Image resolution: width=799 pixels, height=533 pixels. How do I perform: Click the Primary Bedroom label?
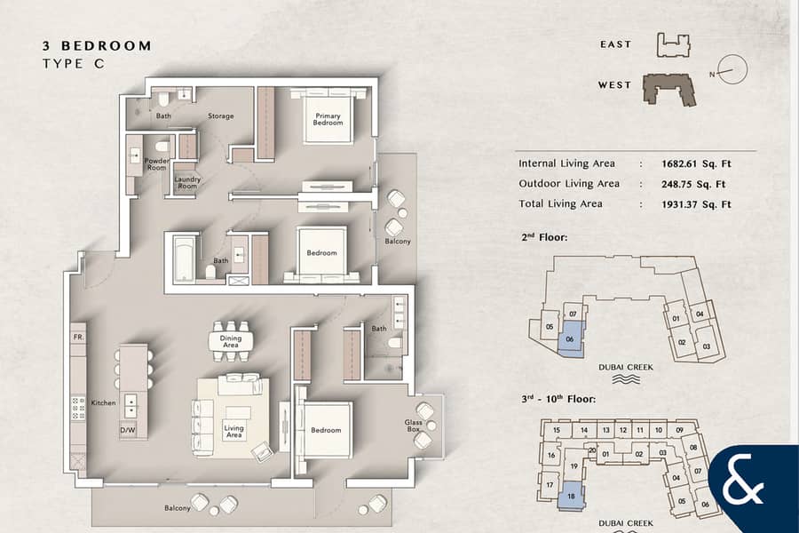328,119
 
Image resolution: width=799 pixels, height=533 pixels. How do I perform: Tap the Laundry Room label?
187,183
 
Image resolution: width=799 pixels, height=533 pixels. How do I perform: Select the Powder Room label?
156,164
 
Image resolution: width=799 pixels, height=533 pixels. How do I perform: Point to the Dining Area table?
231,342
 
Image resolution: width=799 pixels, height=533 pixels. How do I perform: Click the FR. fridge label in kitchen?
78,338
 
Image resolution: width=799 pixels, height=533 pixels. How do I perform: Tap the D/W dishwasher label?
128,430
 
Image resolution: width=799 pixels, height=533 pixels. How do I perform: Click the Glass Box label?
413,426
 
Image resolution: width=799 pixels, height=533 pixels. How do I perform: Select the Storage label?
221,116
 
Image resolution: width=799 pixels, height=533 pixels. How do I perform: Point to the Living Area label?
233,432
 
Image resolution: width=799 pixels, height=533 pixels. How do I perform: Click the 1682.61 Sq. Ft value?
696,163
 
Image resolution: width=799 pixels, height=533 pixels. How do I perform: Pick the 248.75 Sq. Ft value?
693,184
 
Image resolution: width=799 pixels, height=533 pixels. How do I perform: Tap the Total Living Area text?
560,204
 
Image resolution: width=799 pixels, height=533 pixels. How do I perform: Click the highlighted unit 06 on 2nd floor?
571,337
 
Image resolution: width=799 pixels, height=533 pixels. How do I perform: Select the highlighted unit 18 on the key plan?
571,496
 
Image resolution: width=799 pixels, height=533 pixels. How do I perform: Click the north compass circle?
732,69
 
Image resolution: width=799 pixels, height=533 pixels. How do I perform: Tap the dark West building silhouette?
668,91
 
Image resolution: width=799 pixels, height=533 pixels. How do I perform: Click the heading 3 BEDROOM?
97,46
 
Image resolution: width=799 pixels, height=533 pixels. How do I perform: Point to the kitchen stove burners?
78,409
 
